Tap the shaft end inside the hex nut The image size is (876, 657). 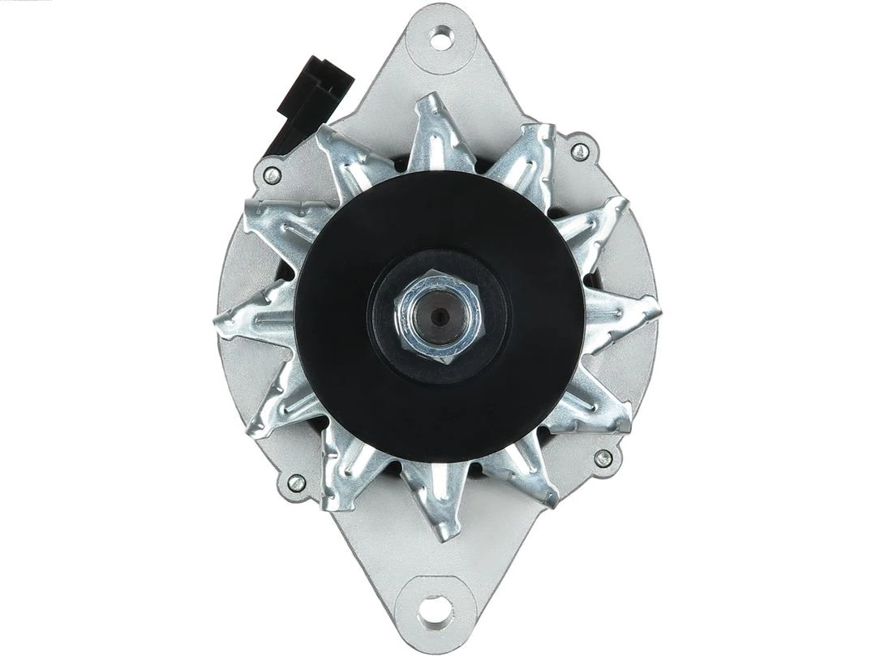tap(439, 316)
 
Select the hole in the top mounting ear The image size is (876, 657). tap(442, 36)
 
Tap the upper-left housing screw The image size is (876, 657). tap(273, 174)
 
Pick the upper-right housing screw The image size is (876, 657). tap(580, 152)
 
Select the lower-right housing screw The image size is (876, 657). tap(603, 458)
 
